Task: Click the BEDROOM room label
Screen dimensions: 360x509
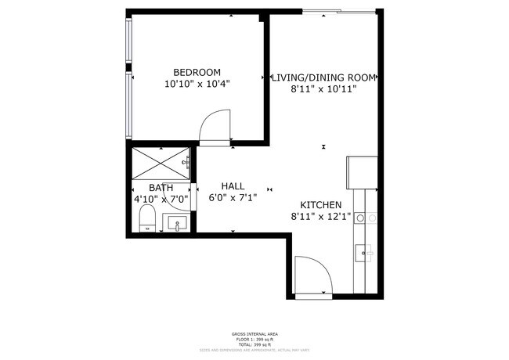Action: click(197, 71)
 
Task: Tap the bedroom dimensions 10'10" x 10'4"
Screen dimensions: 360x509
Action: click(197, 83)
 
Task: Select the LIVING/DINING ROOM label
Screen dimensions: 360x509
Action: click(324, 77)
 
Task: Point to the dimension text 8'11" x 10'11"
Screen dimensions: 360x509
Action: click(323, 89)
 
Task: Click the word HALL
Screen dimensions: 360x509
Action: click(233, 186)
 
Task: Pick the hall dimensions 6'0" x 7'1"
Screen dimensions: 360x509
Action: click(233, 198)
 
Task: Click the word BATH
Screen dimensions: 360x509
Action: click(161, 188)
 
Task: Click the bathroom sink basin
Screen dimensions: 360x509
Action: click(178, 224)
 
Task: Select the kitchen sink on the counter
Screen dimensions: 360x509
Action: click(363, 252)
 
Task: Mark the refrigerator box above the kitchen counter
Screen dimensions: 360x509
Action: click(362, 173)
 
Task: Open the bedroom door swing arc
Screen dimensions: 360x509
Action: click(215, 128)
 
